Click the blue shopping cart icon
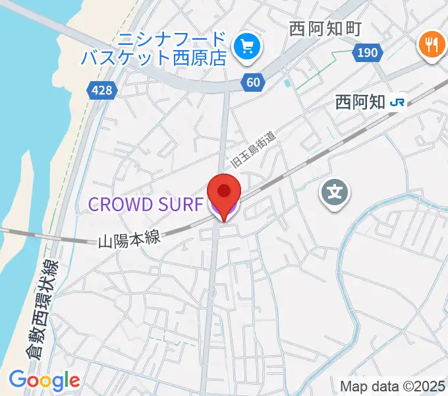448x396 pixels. [248, 46]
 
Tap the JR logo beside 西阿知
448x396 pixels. [397, 102]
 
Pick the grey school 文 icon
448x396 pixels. [335, 193]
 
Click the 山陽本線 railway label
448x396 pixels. [129, 240]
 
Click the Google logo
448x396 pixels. [44, 379]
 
